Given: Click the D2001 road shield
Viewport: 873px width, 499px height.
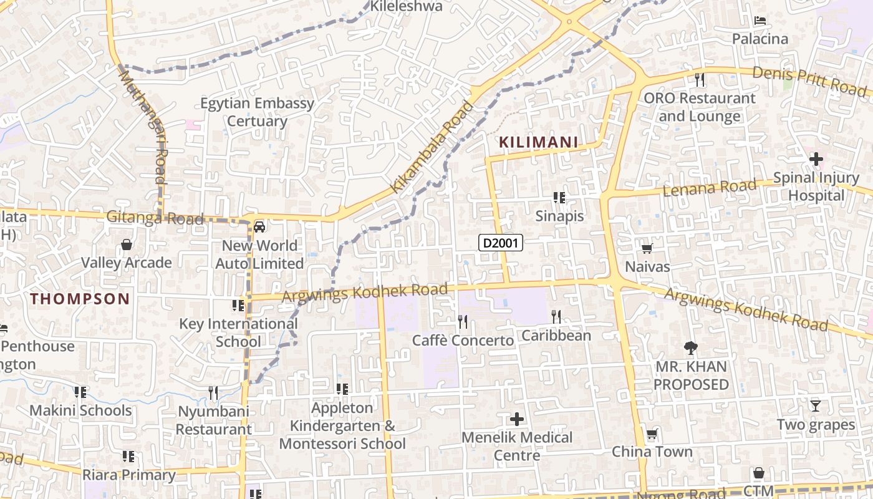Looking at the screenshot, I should (500, 243).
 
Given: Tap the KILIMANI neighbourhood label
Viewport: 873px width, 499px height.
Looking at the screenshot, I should (538, 142).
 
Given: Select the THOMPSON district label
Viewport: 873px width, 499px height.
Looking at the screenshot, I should (80, 299).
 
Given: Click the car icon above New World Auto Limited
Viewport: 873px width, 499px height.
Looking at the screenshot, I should (259, 227).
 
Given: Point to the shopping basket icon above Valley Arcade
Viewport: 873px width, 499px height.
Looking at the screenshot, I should (127, 245).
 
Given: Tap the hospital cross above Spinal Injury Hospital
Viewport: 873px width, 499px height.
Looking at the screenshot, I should (816, 159).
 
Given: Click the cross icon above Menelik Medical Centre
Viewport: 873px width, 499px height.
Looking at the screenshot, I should (517, 419).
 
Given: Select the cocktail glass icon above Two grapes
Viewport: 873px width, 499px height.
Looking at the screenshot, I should (815, 406).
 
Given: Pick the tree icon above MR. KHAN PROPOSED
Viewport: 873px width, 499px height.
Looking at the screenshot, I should (690, 348).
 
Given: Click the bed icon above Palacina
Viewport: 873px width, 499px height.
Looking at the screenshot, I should (760, 21).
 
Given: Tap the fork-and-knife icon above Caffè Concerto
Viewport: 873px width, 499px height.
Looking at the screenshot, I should (463, 322).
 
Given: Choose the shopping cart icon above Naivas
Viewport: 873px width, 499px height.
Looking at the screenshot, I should (647, 249).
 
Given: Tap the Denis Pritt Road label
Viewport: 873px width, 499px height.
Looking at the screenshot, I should (809, 81).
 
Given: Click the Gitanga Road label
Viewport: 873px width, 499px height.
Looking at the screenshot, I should (155, 218).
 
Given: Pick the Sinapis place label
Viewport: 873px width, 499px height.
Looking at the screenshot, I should (559, 216).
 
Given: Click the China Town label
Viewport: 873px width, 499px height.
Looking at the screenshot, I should (652, 452).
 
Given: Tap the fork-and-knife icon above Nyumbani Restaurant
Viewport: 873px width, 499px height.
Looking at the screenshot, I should (213, 393).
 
